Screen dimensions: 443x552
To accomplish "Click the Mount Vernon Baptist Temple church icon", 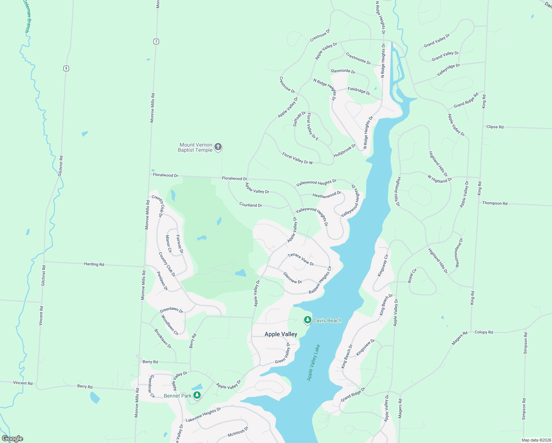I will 218,147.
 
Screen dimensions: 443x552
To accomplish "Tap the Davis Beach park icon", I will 307,320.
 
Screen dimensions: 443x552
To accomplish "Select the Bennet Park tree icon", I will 197,396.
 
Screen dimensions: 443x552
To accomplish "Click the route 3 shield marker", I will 156,41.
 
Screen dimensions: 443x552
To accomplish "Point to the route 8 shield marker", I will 66,68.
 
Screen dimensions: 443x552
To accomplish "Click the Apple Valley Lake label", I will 314,363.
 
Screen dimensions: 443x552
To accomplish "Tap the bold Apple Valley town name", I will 281,334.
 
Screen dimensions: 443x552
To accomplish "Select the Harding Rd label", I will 94,264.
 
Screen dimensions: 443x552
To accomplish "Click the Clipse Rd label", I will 495,127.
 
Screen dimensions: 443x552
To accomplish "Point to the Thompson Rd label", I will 494,203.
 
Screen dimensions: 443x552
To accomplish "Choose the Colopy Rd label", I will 483,332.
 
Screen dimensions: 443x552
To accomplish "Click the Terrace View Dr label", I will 301,259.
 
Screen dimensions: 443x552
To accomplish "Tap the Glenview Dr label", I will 293,278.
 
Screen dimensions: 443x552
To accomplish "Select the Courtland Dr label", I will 251,205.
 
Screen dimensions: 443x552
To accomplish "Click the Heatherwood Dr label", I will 327,195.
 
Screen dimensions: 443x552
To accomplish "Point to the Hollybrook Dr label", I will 345,151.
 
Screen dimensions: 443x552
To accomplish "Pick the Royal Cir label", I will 412,276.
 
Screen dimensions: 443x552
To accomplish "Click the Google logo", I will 13,439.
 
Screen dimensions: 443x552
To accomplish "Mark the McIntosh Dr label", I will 238,432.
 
